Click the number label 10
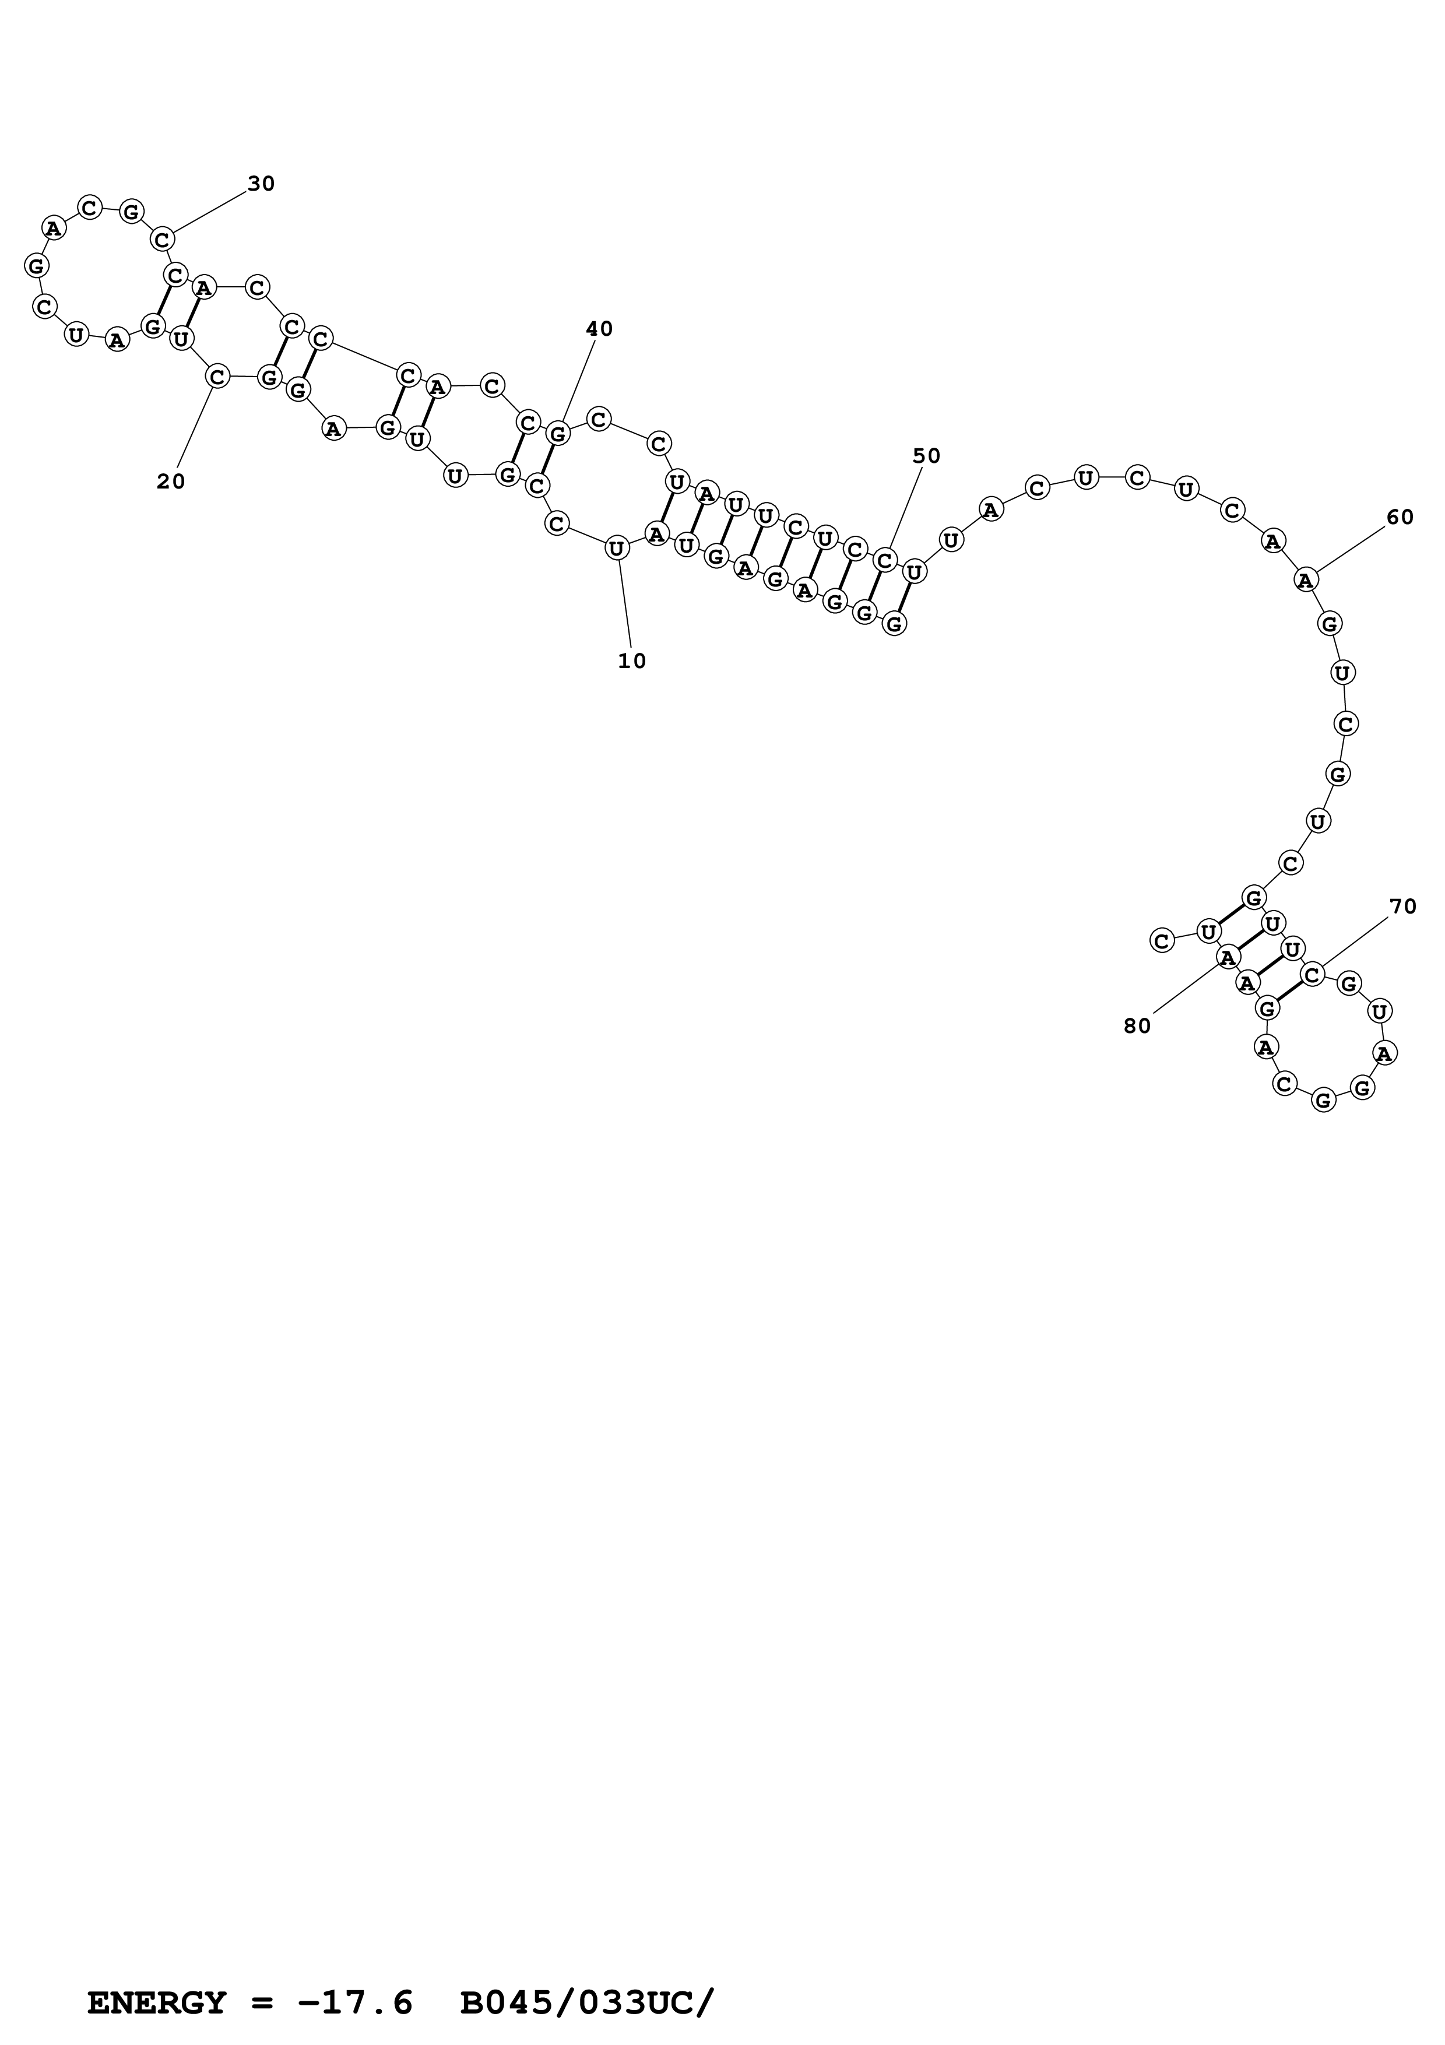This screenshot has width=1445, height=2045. pyautogui.click(x=631, y=661)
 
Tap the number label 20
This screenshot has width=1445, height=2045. pyautogui.click(x=171, y=482)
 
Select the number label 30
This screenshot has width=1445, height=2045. pyautogui.click(x=261, y=184)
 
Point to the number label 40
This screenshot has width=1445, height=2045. pyautogui.click(x=599, y=329)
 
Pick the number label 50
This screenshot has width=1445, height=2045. pyautogui.click(x=926, y=456)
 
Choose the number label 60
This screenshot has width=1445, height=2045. pyautogui.click(x=1400, y=518)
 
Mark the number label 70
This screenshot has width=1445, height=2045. pyautogui.click(x=1402, y=906)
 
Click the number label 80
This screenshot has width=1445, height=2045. pyautogui.click(x=1137, y=1026)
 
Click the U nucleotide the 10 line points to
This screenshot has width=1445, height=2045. pyautogui.click(x=616, y=549)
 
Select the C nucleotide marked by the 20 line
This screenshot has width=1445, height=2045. pyautogui.click(x=217, y=377)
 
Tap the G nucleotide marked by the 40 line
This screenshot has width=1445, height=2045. pyautogui.click(x=557, y=434)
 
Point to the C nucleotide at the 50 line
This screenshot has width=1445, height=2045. pyautogui.click(x=884, y=560)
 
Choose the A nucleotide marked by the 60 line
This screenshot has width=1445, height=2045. pyautogui.click(x=1305, y=580)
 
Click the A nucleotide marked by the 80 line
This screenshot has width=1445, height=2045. pyautogui.click(x=1228, y=957)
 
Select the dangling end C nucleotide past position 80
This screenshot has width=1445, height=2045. pyautogui.click(x=1161, y=940)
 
